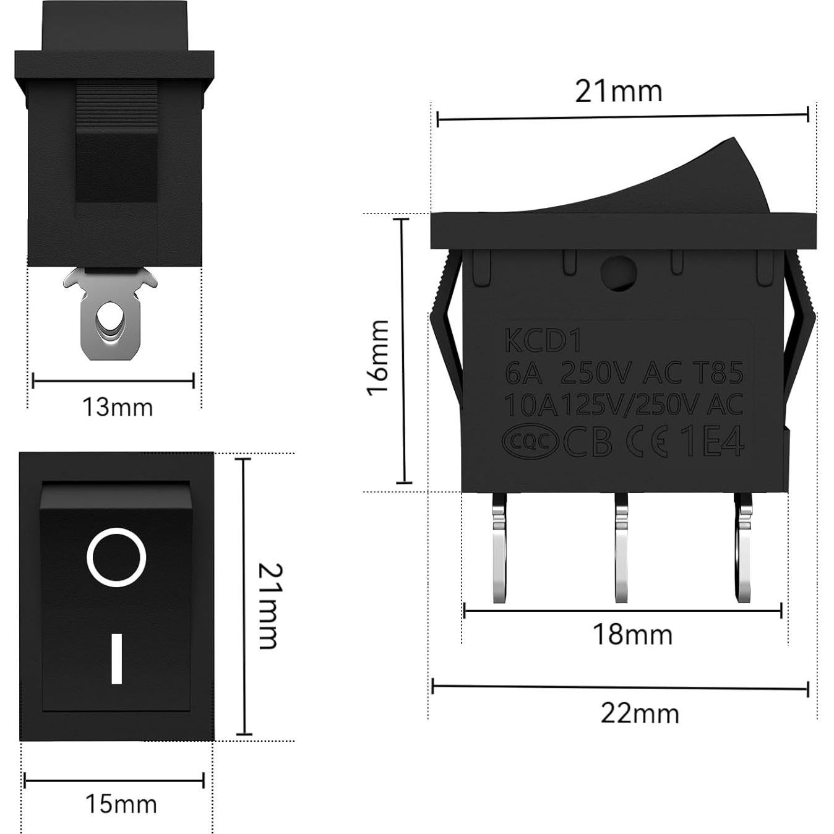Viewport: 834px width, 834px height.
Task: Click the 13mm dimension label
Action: click(x=117, y=407)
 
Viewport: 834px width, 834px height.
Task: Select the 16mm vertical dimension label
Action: click(x=377, y=357)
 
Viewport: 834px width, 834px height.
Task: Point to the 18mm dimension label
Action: click(x=632, y=634)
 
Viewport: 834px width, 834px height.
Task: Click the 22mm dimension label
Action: click(x=639, y=713)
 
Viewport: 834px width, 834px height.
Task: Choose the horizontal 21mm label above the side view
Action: click(x=618, y=91)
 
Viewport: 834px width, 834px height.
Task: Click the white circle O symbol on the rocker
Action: click(x=116, y=557)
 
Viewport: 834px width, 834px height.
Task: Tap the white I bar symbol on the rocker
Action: click(x=116, y=658)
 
